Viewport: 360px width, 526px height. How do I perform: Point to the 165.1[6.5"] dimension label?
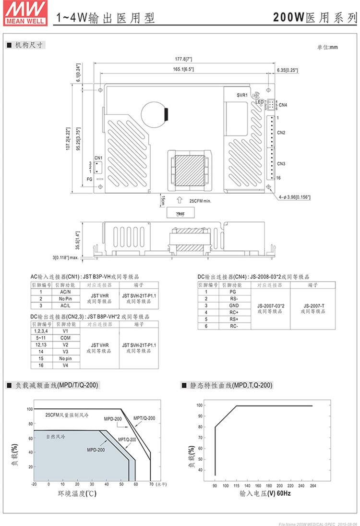(x=183, y=69)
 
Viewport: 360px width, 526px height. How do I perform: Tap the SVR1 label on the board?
(x=242, y=95)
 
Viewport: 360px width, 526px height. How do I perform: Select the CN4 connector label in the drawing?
(x=283, y=105)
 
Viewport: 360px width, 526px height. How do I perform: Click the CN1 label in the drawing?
(x=98, y=158)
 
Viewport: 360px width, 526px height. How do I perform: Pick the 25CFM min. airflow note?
(x=200, y=201)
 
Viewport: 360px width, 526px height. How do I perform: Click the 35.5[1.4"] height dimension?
(x=77, y=238)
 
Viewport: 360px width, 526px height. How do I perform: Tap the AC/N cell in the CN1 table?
(x=65, y=292)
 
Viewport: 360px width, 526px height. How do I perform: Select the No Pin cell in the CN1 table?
(x=65, y=298)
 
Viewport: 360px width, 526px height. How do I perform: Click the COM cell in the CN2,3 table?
(x=65, y=338)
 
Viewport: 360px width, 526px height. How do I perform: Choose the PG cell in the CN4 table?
(x=233, y=292)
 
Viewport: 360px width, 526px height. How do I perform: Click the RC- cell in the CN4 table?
(x=233, y=326)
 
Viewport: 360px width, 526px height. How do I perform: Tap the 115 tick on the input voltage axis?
(x=236, y=485)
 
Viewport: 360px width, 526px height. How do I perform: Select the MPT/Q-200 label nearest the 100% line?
(x=144, y=418)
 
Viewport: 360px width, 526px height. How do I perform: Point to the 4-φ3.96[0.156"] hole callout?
(x=294, y=196)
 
